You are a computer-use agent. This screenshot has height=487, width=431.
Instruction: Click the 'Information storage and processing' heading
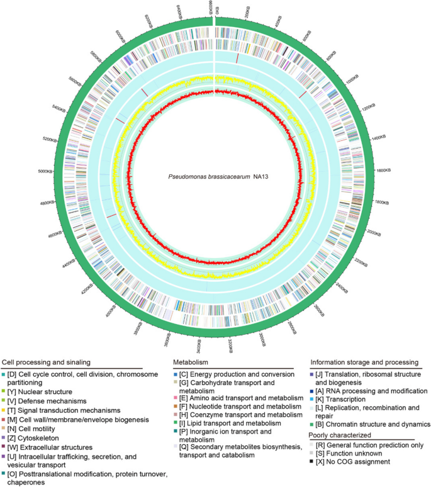coord(363,362)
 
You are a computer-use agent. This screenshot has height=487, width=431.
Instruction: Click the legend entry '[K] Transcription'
coord(344,399)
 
